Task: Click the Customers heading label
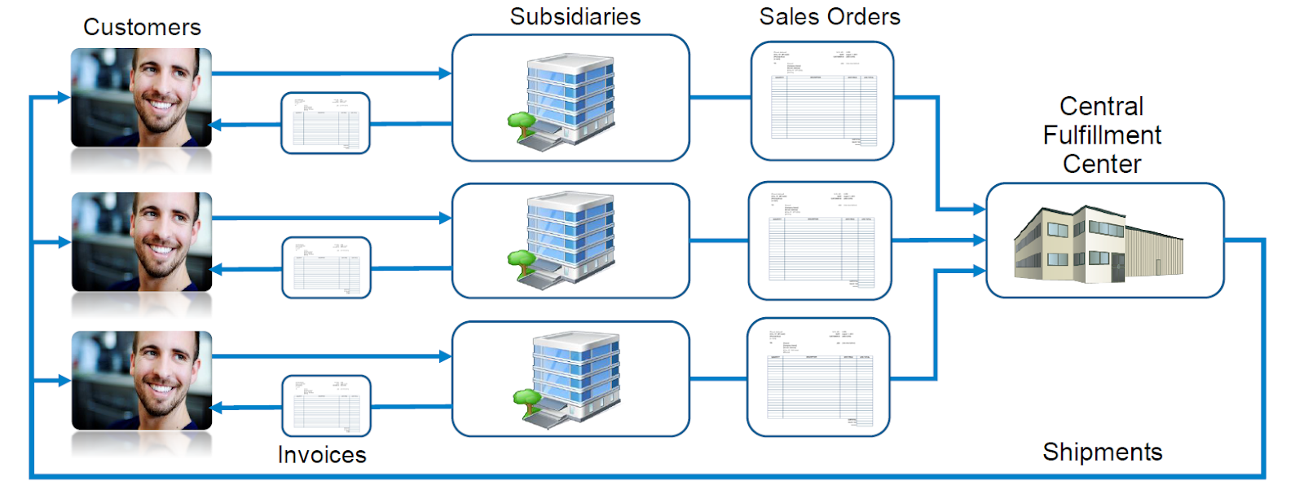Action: point(142,27)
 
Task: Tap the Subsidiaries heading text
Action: point(575,16)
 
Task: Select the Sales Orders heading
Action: point(830,16)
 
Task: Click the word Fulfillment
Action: point(1102,135)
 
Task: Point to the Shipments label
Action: point(1102,452)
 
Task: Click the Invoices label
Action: point(322,455)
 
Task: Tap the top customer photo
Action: point(142,98)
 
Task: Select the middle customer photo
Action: point(142,242)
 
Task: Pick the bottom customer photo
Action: point(142,381)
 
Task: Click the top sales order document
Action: point(822,101)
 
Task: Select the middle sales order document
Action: point(820,241)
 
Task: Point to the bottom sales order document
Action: point(818,377)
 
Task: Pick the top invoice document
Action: point(325,123)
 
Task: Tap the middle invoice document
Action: point(326,267)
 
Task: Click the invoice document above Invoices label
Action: point(326,405)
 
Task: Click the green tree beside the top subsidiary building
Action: point(521,123)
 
